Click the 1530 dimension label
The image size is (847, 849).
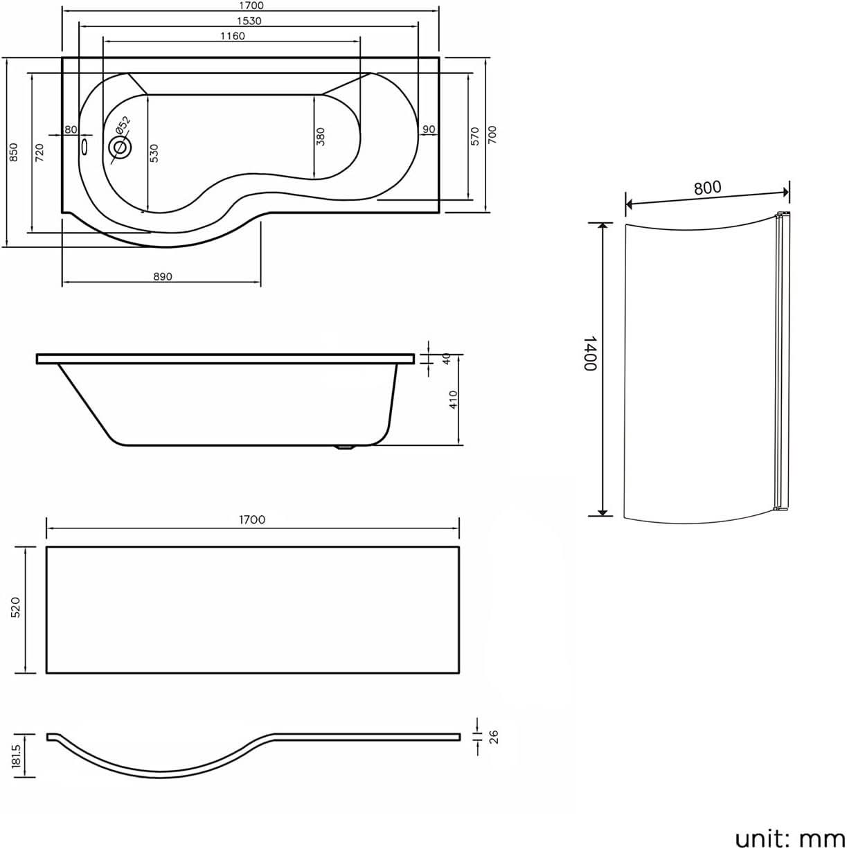click(249, 21)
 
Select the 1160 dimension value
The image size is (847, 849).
click(233, 36)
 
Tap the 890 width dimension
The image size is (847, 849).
click(162, 276)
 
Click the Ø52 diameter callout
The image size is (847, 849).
click(123, 126)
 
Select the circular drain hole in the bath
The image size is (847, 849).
click(119, 148)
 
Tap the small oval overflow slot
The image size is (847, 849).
click(85, 147)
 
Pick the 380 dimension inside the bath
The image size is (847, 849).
click(320, 137)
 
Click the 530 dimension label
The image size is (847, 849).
click(154, 152)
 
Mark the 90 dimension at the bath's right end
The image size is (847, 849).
click(428, 129)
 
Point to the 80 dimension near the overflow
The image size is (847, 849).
click(71, 129)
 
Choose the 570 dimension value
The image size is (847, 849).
click(475, 135)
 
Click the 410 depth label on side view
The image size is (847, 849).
click(454, 400)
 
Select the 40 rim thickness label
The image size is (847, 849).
click(447, 359)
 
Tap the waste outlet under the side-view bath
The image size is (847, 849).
click(344, 447)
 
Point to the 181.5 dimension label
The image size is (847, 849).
click(17, 756)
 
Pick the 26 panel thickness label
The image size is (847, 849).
click(493, 736)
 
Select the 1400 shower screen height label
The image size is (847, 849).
click(589, 353)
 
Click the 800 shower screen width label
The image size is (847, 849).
click(707, 187)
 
